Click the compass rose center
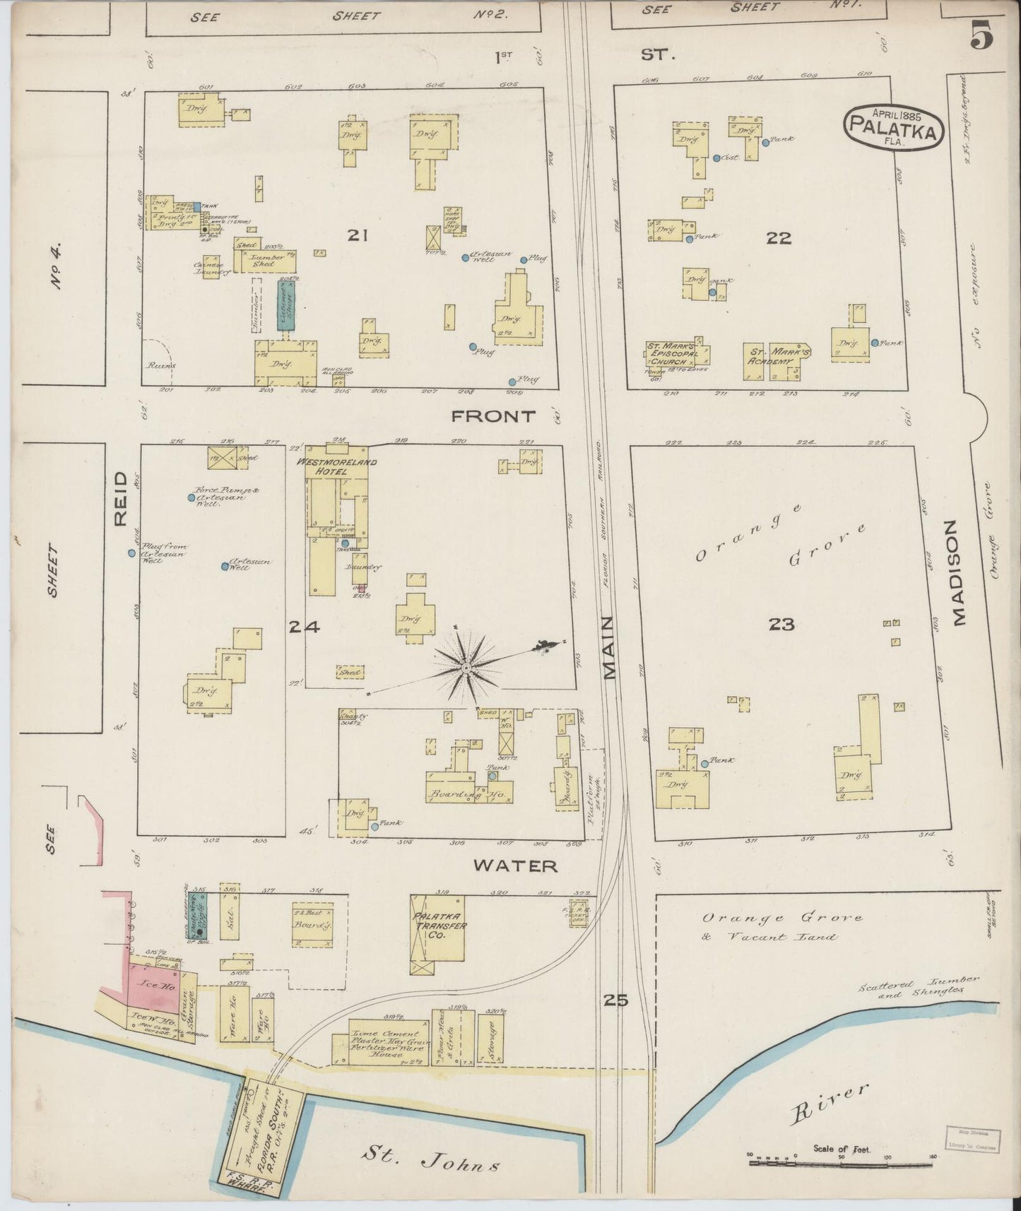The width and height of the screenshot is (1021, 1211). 466,667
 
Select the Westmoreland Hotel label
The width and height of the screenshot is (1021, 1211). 336,466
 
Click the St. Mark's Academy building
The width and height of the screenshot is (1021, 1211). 777,362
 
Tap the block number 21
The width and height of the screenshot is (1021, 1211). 357,235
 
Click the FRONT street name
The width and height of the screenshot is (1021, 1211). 493,417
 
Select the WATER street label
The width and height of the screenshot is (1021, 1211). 515,866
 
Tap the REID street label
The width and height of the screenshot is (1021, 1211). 121,499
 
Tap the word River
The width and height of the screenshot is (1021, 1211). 829,1102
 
